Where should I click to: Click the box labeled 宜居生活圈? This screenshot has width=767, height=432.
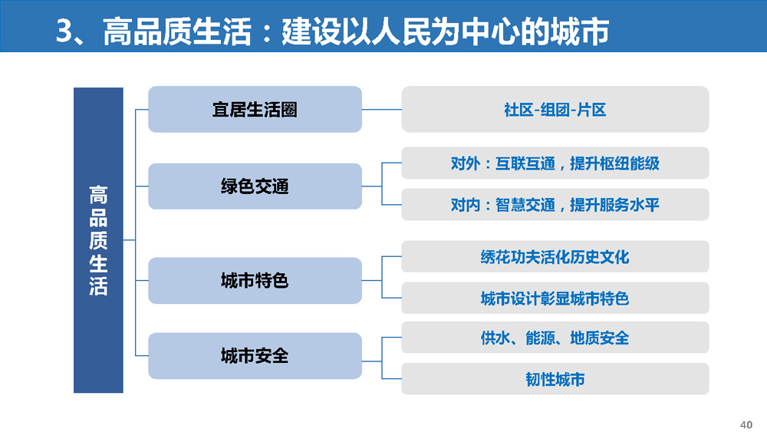[255, 109]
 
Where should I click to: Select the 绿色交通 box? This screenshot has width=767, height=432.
[255, 186]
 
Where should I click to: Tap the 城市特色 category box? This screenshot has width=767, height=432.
[255, 280]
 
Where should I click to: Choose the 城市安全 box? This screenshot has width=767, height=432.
[255, 356]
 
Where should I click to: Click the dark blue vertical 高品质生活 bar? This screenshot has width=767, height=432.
[98, 240]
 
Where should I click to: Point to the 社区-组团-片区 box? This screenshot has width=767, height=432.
[555, 109]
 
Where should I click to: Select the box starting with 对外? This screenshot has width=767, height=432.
[555, 163]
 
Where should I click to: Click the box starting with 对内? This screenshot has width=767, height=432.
[555, 204]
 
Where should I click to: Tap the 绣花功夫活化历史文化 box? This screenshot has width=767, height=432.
[555, 256]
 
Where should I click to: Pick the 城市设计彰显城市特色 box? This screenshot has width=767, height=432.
[555, 298]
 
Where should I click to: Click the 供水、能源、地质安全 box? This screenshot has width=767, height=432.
[555, 337]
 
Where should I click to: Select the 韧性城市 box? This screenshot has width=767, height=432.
[555, 379]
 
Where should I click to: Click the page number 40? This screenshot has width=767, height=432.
[746, 424]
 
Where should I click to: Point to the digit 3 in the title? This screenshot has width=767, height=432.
[64, 31]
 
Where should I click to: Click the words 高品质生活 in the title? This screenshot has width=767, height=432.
[177, 31]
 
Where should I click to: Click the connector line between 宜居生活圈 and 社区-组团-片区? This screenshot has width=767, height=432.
[381, 109]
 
